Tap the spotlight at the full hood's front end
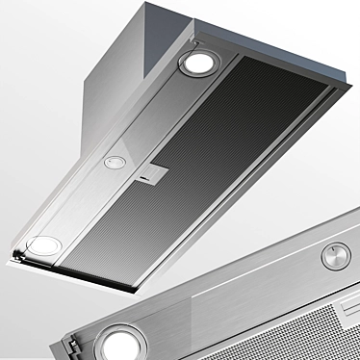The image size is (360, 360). point(41,247)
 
